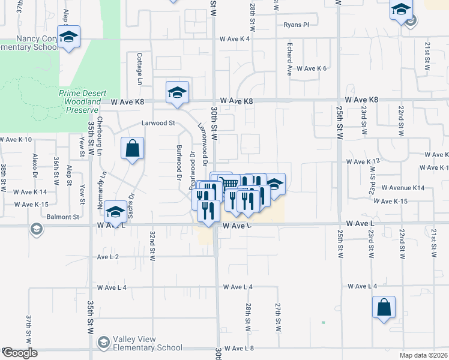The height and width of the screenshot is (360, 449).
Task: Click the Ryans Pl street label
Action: (297, 25)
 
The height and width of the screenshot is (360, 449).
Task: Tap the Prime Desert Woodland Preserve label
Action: (83, 102)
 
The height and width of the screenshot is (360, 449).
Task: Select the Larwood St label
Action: (157, 123)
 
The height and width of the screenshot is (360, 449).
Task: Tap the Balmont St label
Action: (67, 217)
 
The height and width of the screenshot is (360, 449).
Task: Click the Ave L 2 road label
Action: (108, 257)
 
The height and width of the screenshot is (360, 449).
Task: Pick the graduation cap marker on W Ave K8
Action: (177, 92)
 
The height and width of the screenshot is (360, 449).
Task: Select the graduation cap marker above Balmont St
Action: (115, 212)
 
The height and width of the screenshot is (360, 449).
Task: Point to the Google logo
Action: (19, 353)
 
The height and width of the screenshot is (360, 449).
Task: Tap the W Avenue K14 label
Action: (403, 188)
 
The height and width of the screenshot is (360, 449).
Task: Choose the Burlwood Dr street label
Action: (179, 163)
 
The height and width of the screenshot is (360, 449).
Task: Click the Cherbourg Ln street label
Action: (100, 128)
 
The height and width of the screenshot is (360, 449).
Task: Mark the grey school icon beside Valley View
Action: (103, 342)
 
